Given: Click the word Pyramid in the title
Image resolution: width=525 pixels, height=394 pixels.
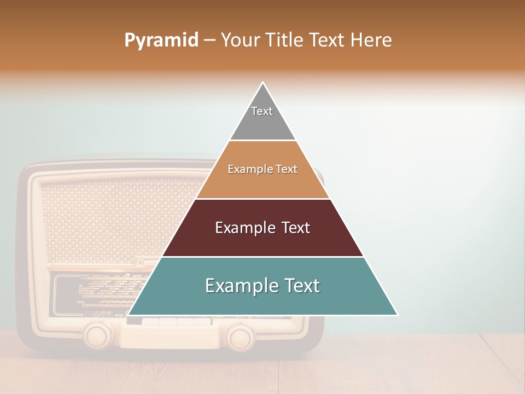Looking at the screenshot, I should (161, 40).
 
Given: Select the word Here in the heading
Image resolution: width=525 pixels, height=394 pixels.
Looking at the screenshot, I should (371, 40).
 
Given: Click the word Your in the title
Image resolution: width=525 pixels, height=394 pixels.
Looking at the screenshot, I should (240, 40).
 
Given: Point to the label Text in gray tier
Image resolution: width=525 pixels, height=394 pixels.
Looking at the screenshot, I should (262, 111).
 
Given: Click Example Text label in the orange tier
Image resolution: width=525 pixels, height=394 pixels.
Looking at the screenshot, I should (262, 169).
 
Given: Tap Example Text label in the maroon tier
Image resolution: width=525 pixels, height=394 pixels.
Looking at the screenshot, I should (262, 228).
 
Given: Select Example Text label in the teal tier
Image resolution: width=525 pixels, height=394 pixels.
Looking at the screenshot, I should (262, 286).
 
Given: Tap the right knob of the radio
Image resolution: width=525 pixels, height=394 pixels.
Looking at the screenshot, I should (240, 335).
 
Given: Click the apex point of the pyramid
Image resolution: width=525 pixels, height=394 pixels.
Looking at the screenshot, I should (263, 83).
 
